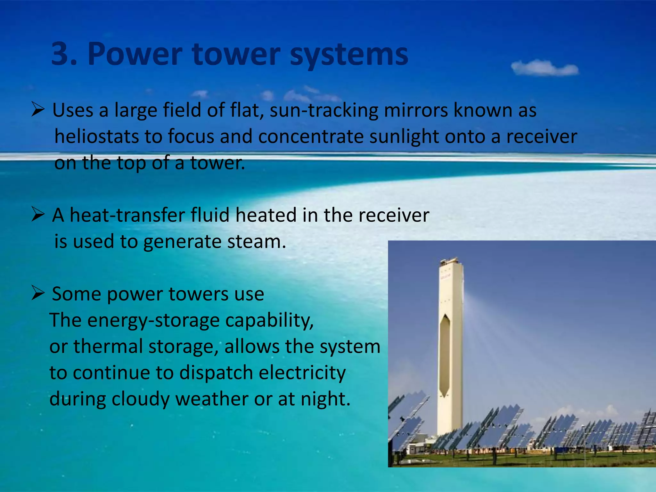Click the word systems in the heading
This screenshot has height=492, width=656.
click(x=349, y=55)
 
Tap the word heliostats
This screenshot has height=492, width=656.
click(x=96, y=136)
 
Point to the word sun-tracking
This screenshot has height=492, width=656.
click(x=324, y=111)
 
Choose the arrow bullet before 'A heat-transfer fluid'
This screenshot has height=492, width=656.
click(x=38, y=214)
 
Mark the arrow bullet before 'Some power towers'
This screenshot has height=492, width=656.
click(x=38, y=293)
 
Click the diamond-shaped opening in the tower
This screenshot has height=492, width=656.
click(x=444, y=356)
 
